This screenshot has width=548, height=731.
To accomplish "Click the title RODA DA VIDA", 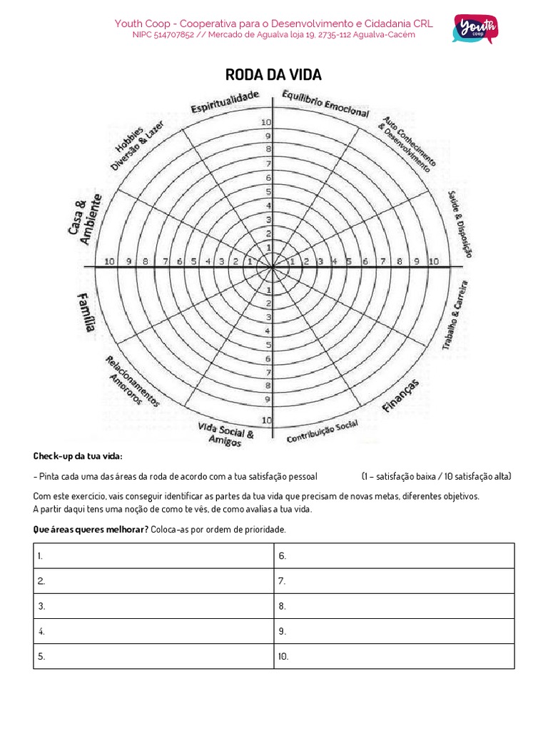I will coord(273,75).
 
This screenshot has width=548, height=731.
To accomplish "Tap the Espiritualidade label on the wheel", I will coord(224,102).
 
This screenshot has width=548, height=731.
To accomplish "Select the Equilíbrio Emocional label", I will coord(325,104).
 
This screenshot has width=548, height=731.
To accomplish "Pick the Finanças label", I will coord(401,395).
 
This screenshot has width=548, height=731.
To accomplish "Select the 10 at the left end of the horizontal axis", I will coord(108,261).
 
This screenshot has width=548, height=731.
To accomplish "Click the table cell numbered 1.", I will coord(153,555).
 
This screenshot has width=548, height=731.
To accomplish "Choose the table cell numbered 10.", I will coord(394,656).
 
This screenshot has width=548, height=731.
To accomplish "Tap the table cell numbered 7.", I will coord(394,581).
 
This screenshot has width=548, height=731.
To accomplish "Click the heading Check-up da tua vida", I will coord(78,456).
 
